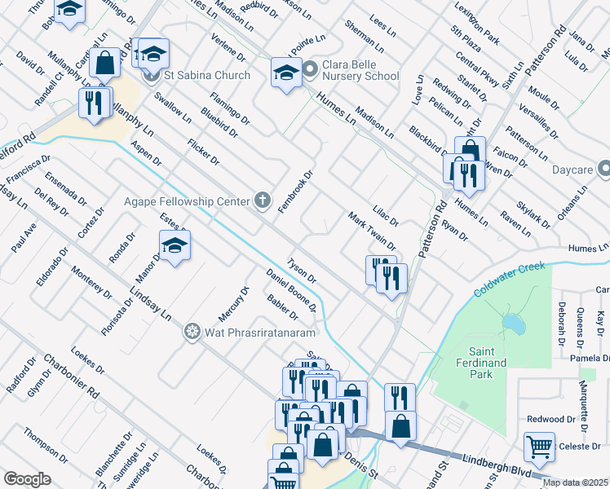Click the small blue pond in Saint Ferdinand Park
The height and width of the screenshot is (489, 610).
click(x=514, y=324)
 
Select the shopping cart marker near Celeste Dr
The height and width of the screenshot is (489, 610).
click(x=539, y=447)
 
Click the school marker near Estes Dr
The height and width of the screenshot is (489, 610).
click(x=175, y=246)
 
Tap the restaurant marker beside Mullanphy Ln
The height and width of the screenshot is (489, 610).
click(x=95, y=104)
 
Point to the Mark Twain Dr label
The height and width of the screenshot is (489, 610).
click(x=372, y=231)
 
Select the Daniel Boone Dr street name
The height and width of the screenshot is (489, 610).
click(x=291, y=291)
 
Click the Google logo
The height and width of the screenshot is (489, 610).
click(x=27, y=479)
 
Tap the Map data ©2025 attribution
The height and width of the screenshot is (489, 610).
click(x=575, y=482)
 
